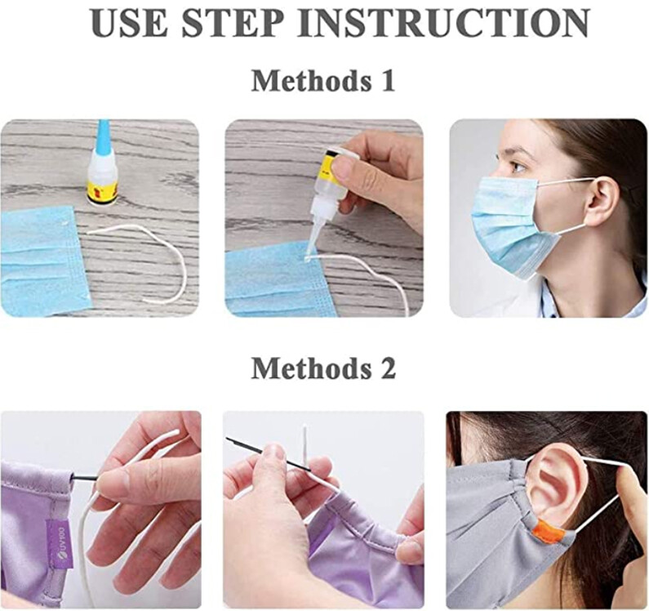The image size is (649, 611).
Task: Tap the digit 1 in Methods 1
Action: (x=386, y=81)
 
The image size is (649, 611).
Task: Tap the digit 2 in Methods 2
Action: (x=386, y=368)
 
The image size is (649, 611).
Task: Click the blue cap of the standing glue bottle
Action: (x=102, y=136)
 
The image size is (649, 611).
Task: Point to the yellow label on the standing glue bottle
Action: (x=102, y=191)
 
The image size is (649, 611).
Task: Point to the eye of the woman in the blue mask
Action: (x=518, y=167)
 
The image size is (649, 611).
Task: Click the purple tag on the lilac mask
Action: (x=58, y=542)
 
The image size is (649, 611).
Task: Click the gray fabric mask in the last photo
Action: (x=490, y=531)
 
